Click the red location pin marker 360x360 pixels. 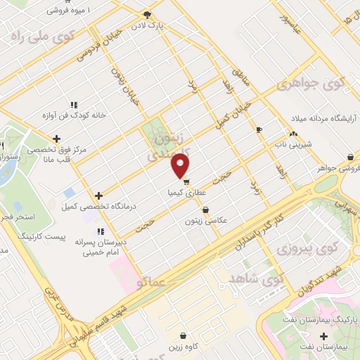(181, 166)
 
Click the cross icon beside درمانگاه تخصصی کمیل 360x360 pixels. (98, 195)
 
